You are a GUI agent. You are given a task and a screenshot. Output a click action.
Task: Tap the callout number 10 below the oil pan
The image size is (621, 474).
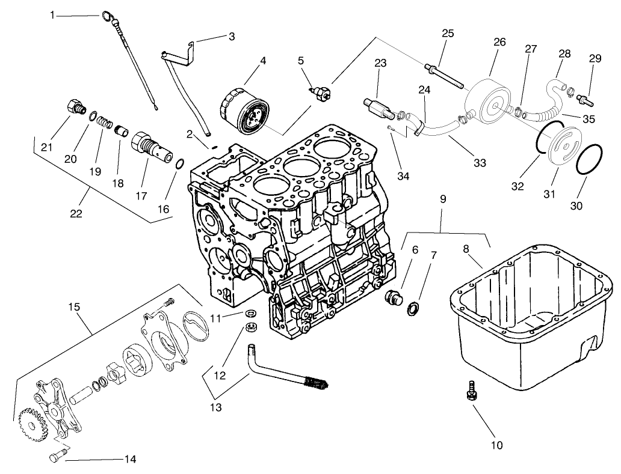(x=496, y=445)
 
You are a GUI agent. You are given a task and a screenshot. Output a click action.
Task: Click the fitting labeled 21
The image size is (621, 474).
(x=75, y=109)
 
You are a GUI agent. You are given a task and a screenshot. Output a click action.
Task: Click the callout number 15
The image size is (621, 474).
(x=74, y=307)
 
